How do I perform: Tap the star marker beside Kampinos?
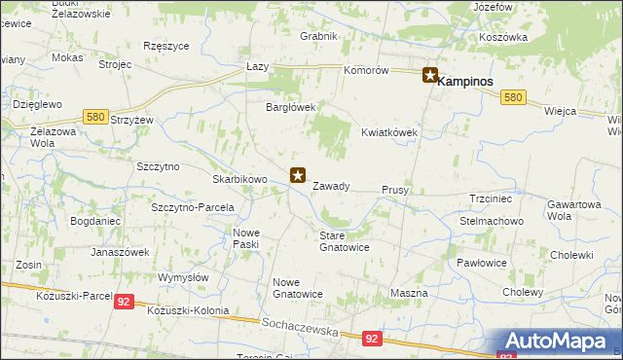[x=429, y=76]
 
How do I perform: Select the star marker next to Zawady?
[x=299, y=176]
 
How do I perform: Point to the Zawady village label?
[x=331, y=186]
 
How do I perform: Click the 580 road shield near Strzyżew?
[x=94, y=117]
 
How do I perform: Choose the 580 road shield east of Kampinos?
[x=514, y=97]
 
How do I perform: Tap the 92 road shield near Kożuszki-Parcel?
[x=124, y=303]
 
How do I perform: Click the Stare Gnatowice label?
[x=345, y=240]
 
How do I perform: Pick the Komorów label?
[x=367, y=71]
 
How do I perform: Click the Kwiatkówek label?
[x=389, y=132]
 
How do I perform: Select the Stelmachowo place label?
[x=492, y=221]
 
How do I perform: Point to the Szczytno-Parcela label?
[x=194, y=207]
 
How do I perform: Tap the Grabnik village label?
[x=318, y=36]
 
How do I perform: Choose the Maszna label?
[x=408, y=293]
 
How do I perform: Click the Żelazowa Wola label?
[x=29, y=136]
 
